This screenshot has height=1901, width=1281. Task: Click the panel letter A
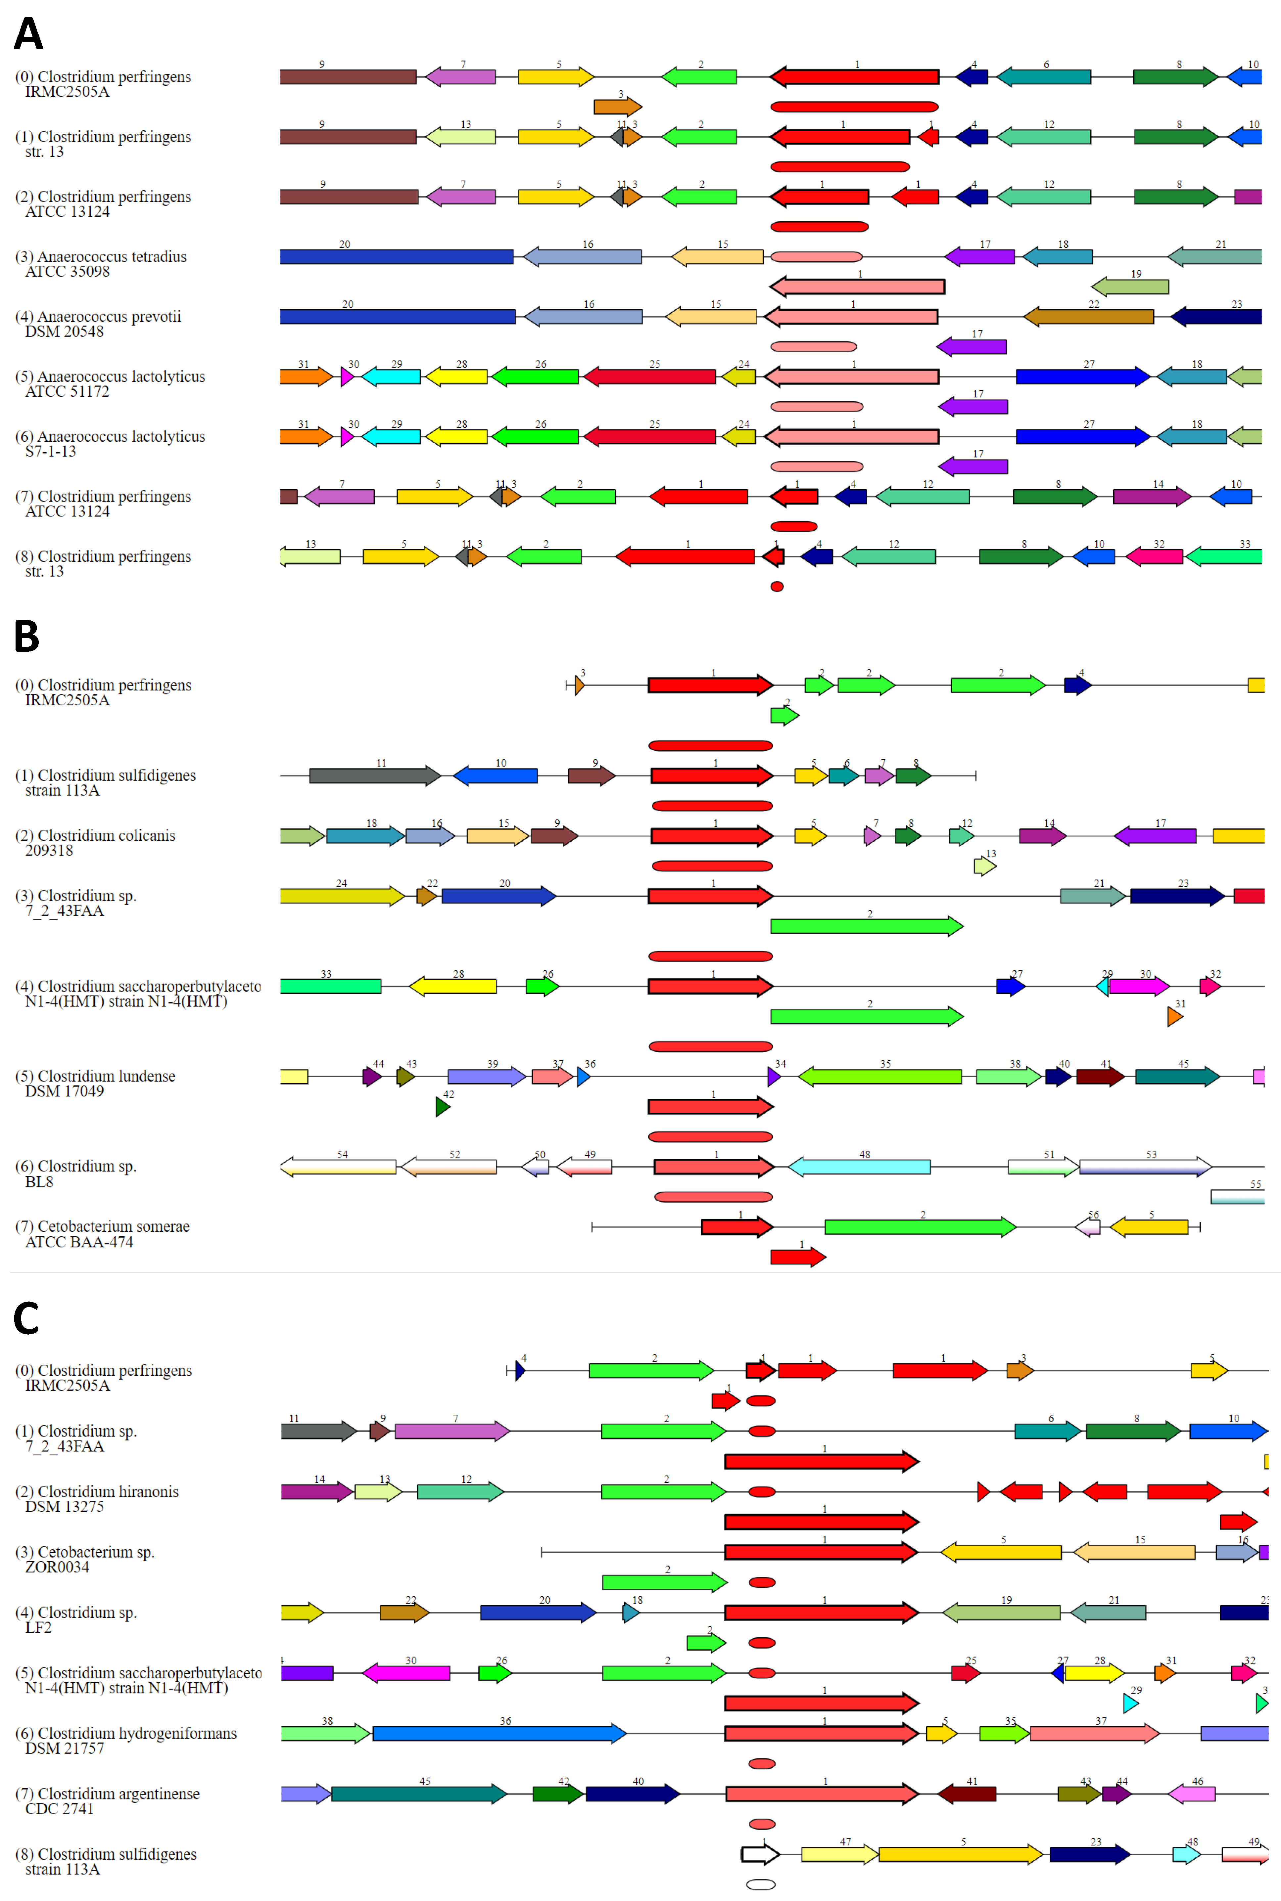pyautogui.click(x=28, y=34)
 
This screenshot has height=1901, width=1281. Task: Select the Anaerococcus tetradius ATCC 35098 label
pyautogui.click(x=101, y=264)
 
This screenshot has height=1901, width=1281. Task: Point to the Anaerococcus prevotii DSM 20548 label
pyautogui.click(x=98, y=323)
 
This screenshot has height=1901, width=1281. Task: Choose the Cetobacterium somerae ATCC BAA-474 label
pyautogui.click(x=102, y=1234)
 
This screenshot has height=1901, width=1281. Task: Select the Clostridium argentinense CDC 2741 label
pyautogui.click(x=107, y=1800)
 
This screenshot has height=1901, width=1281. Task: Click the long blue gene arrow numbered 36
pyautogui.click(x=498, y=1733)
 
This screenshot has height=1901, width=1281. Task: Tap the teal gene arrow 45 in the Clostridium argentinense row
pyautogui.click(x=418, y=1793)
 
